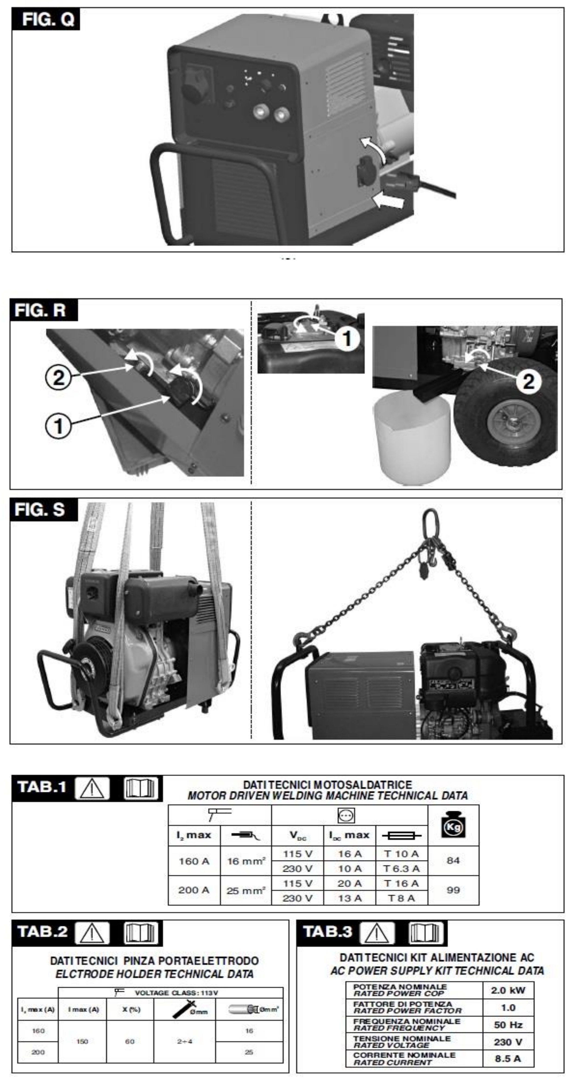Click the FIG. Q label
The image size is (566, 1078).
[x=45, y=19]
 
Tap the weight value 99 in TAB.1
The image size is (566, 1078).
[x=453, y=890]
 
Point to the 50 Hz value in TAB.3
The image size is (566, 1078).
[x=508, y=1025]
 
